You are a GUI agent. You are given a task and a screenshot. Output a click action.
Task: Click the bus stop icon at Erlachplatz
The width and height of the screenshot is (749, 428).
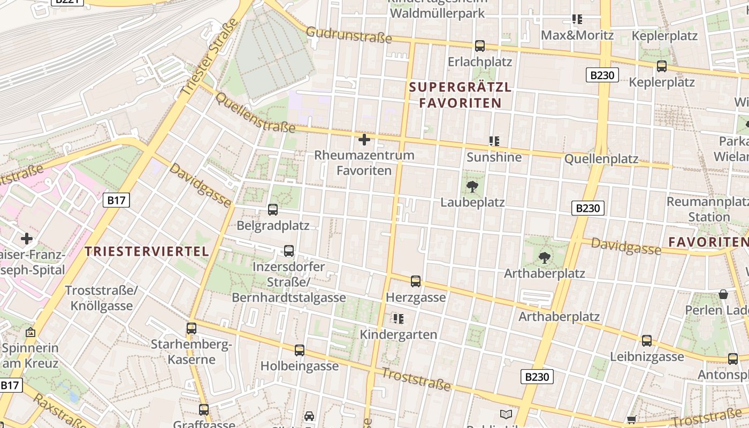click(x=480, y=46)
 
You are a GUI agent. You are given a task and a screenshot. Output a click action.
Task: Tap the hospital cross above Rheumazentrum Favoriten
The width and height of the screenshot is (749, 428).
click(x=364, y=140)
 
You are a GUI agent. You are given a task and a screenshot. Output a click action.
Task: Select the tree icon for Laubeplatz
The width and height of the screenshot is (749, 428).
click(x=472, y=187)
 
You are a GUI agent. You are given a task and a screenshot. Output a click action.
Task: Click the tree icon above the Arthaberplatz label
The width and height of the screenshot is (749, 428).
click(x=545, y=258)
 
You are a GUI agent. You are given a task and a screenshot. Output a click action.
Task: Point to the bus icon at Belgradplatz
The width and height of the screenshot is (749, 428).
click(x=273, y=210)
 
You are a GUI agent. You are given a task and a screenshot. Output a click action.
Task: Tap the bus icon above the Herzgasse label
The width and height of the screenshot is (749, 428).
click(x=416, y=281)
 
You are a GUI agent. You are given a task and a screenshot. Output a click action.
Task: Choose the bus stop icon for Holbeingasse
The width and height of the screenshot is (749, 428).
click(x=300, y=350)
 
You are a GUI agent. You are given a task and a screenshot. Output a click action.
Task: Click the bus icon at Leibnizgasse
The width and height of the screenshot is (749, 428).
click(x=647, y=341)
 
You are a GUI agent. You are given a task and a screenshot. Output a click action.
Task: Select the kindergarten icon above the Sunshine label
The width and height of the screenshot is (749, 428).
click(x=494, y=141)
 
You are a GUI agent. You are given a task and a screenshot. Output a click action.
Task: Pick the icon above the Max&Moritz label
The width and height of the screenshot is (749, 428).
click(x=577, y=20)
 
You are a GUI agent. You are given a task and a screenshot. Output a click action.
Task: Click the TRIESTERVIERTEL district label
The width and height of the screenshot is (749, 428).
click(x=147, y=251)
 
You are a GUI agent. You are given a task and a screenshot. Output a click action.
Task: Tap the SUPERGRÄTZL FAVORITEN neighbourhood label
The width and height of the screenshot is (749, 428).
click(x=460, y=95)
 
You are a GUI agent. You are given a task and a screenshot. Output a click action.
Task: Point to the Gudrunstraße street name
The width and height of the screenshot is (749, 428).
click(x=349, y=35)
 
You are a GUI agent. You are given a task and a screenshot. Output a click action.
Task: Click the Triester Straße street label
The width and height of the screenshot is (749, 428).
click(x=210, y=58)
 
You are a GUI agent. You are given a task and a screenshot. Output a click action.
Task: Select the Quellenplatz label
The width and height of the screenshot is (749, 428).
click(x=601, y=159)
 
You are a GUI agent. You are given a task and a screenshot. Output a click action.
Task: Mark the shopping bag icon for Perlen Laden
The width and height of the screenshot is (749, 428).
click(x=723, y=294)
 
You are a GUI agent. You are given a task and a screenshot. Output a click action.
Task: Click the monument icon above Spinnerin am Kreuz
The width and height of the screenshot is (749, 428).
click(x=30, y=332)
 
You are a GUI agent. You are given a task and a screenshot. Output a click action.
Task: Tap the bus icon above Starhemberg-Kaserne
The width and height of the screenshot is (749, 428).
click(x=192, y=328)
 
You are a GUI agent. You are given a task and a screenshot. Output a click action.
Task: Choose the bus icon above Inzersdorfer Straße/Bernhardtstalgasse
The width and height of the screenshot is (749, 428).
click(x=289, y=250)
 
